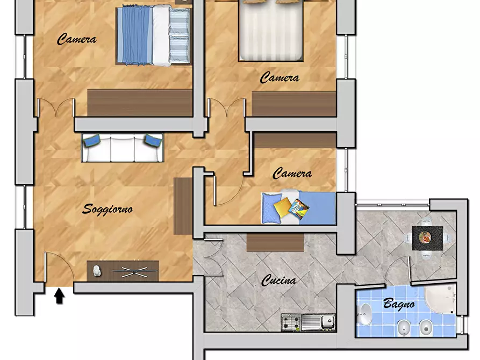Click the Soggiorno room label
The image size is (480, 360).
[x=108, y=210]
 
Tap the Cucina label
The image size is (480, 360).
[x=278, y=280]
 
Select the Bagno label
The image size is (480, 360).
[x=399, y=304]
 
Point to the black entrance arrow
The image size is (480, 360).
[x=59, y=296]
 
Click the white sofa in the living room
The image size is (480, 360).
[x=123, y=148]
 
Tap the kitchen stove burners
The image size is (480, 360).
[x=291, y=322]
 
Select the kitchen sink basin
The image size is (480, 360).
[x=327, y=321]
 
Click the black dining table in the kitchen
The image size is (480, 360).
[x=427, y=238]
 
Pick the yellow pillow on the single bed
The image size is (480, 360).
[x=282, y=207]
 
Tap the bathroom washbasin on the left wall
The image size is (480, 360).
[x=364, y=314]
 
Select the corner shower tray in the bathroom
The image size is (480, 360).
[x=441, y=298]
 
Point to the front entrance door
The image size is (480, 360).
[x=59, y=267]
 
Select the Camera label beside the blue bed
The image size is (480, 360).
[x=76, y=39]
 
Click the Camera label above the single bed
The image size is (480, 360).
[x=292, y=174]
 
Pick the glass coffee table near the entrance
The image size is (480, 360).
[x=135, y=271]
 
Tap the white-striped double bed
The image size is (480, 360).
[x=271, y=31]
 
